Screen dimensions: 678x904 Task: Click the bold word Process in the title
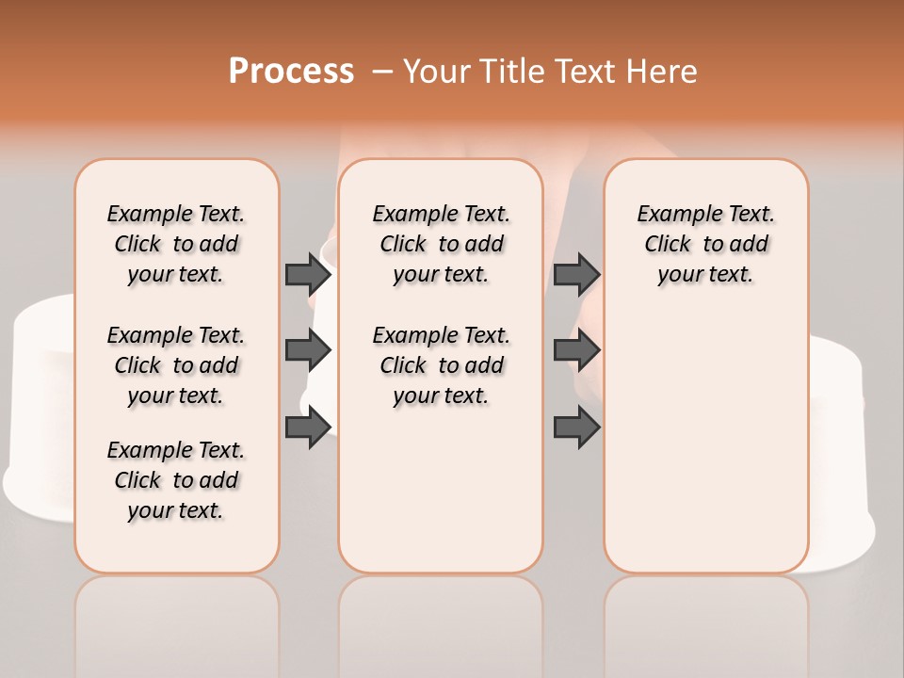tap(291, 72)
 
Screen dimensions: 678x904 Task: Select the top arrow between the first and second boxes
tap(308, 274)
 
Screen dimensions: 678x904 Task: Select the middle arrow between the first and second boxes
tap(308, 350)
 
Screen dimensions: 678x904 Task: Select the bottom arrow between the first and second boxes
tap(308, 428)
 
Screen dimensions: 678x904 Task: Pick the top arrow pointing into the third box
tap(576, 274)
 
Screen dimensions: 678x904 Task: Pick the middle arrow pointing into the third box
tap(576, 350)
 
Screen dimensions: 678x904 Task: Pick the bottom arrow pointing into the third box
tap(576, 428)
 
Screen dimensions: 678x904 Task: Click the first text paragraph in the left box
tap(176, 244)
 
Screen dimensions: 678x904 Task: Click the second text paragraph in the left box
tap(176, 365)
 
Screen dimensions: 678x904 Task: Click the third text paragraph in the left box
tap(176, 480)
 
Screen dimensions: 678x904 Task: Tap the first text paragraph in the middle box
tap(441, 244)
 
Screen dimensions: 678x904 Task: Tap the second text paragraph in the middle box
tap(441, 365)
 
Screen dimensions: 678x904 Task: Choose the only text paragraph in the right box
tap(705, 244)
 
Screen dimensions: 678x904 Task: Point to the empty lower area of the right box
tap(705, 452)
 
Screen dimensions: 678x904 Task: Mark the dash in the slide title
tap(381, 72)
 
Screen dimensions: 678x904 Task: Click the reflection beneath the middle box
tap(441, 621)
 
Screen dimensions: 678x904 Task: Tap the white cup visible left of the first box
tap(38, 405)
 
